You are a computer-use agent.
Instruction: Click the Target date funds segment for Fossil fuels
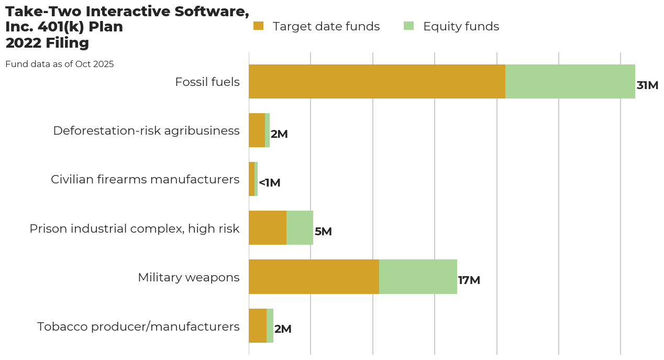pyautogui.click(x=377, y=82)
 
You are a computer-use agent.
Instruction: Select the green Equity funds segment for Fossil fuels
pyautogui.click(x=570, y=82)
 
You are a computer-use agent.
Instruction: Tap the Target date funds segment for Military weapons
pyautogui.click(x=314, y=277)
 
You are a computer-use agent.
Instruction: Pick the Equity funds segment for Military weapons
pyautogui.click(x=418, y=277)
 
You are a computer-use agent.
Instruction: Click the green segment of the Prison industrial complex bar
pyautogui.click(x=300, y=228)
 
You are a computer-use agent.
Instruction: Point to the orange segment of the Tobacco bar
pyautogui.click(x=258, y=325)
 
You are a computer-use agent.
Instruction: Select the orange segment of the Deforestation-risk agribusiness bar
pyautogui.click(x=257, y=130)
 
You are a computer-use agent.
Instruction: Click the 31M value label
pyautogui.click(x=647, y=85)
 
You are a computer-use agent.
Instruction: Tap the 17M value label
pyautogui.click(x=469, y=280)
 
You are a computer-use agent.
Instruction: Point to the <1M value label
pyautogui.click(x=270, y=183)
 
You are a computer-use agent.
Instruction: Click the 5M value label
pyautogui.click(x=323, y=232)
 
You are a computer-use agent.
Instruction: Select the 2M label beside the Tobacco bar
pyautogui.click(x=283, y=329)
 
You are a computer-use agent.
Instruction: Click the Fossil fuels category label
pyautogui.click(x=207, y=82)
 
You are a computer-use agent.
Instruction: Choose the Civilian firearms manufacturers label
pyautogui.click(x=145, y=179)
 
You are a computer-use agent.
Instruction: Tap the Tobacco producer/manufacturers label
pyautogui.click(x=138, y=326)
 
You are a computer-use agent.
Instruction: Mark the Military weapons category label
pyautogui.click(x=189, y=277)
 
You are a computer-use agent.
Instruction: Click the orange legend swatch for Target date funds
pyautogui.click(x=258, y=26)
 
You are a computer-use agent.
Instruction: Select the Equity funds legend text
pyautogui.click(x=461, y=26)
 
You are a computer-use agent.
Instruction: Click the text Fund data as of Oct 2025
pyautogui.click(x=60, y=64)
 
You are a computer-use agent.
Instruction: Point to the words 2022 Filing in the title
pyautogui.click(x=47, y=43)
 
